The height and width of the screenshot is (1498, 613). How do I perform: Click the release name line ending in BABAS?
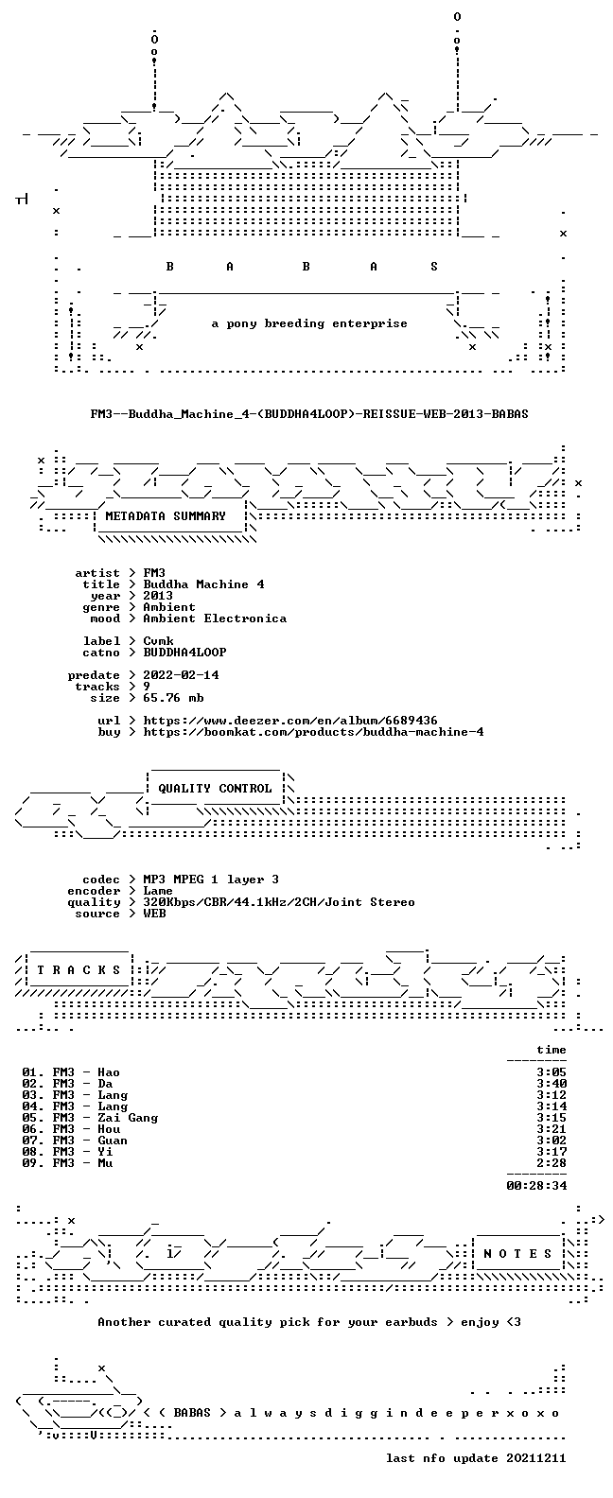(x=309, y=414)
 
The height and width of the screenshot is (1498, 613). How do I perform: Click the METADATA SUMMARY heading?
(x=166, y=516)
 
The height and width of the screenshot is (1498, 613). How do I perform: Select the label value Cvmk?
(x=159, y=640)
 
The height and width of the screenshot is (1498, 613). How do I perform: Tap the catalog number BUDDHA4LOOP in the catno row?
(x=184, y=652)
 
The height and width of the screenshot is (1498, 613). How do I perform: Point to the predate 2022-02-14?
(x=182, y=675)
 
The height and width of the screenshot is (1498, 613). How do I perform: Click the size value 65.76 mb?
(x=173, y=698)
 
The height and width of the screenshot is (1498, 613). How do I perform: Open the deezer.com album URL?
(x=290, y=721)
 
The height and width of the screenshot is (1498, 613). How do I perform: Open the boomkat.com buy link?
(x=313, y=732)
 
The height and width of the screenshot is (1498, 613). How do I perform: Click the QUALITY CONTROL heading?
(x=215, y=789)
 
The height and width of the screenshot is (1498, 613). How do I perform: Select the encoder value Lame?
(x=158, y=891)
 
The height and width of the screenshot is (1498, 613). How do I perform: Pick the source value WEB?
(x=154, y=914)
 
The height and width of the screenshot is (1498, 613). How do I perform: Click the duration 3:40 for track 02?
(x=552, y=1084)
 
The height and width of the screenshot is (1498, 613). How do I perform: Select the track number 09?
(x=29, y=1163)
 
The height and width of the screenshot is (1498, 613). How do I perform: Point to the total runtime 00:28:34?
(x=536, y=1186)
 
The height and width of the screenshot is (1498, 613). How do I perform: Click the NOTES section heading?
(x=517, y=1254)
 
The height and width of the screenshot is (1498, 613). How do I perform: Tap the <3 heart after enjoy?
(x=514, y=1322)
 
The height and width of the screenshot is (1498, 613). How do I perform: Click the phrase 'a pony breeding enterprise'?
(x=309, y=323)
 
